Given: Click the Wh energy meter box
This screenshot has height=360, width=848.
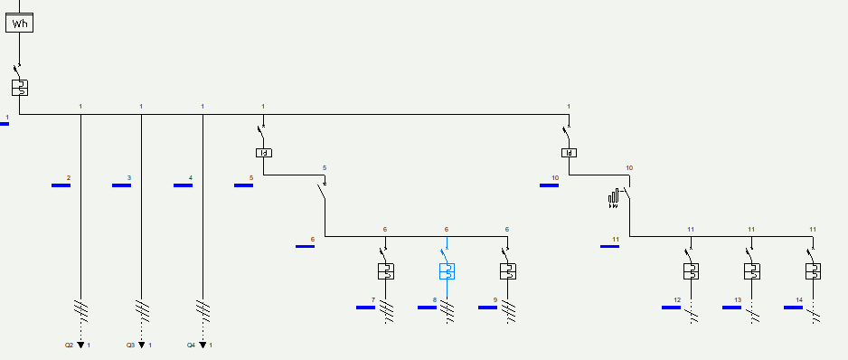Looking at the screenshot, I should pyautogui.click(x=20, y=24).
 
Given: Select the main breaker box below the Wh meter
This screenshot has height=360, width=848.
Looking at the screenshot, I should pyautogui.click(x=20, y=88).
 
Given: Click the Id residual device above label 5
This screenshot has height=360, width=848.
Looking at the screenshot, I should pyautogui.click(x=263, y=153).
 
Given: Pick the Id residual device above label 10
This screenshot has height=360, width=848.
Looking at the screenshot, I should pyautogui.click(x=569, y=153).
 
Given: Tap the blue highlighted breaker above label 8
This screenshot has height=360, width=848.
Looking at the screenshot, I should pyautogui.click(x=447, y=271).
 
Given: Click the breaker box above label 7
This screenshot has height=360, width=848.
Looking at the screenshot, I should pyautogui.click(x=385, y=271).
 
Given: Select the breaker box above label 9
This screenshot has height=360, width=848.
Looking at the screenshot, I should pyautogui.click(x=507, y=271).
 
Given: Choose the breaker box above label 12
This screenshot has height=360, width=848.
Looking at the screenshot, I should pyautogui.click(x=691, y=271).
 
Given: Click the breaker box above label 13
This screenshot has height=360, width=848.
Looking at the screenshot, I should pyautogui.click(x=751, y=271).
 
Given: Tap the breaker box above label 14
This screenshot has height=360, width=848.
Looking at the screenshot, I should pyautogui.click(x=813, y=271).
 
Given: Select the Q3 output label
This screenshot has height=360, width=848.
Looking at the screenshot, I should pyautogui.click(x=130, y=346).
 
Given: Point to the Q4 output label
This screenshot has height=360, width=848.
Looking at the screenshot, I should pyautogui.click(x=192, y=346).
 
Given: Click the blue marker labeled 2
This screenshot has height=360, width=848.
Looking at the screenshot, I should pyautogui.click(x=61, y=185).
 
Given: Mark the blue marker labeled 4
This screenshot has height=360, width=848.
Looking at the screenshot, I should pyautogui.click(x=183, y=185).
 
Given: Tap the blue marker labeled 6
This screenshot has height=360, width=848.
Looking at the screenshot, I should pyautogui.click(x=305, y=245).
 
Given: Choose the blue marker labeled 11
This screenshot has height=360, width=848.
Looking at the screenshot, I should pyautogui.click(x=610, y=245).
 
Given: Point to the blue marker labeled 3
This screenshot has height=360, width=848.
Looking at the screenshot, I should pyautogui.click(x=121, y=185).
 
